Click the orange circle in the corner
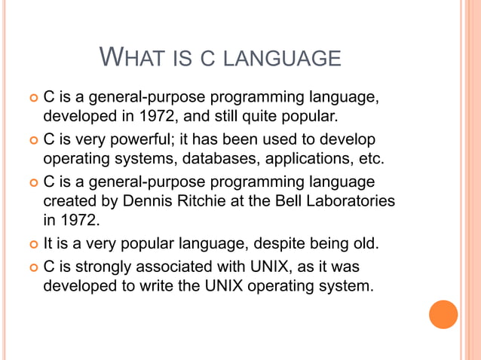[x=443, y=314]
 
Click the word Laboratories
[x=351, y=202]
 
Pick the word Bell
[x=286, y=202]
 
